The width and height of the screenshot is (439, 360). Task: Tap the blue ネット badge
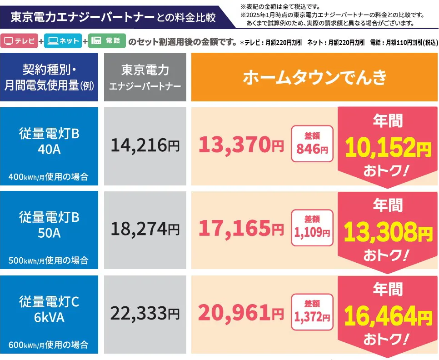point(63,41)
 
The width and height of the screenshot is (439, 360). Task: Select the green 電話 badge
point(107,41)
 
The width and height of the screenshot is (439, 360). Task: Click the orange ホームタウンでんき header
point(314,77)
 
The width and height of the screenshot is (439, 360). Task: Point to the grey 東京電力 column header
point(145,77)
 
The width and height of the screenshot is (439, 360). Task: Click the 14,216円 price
point(145,146)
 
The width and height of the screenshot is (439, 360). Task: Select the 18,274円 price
point(145,230)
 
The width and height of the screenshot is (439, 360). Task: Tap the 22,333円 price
point(145,314)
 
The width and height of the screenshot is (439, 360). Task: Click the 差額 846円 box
point(312,144)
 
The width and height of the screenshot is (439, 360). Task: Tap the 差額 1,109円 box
point(312,227)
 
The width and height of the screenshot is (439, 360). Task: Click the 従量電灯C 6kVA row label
point(49,309)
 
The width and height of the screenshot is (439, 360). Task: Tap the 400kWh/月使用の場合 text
point(49,177)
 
